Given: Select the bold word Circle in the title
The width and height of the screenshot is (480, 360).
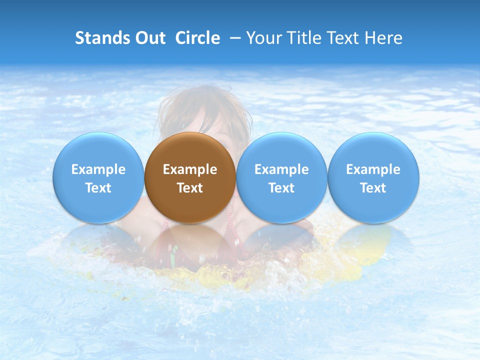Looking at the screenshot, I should click(x=197, y=38).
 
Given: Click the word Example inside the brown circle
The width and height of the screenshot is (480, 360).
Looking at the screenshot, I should click(x=190, y=169).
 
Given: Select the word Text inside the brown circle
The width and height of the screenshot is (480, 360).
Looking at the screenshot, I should click(x=190, y=188).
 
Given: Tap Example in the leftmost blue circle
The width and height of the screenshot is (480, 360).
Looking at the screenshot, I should click(x=98, y=169).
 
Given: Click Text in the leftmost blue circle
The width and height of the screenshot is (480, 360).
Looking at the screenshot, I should click(x=98, y=188).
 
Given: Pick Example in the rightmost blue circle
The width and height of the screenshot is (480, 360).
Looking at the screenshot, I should click(x=373, y=169).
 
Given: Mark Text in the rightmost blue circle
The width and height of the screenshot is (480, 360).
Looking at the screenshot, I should click(x=373, y=188).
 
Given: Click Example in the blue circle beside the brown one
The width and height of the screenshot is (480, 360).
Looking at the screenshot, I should click(x=281, y=169).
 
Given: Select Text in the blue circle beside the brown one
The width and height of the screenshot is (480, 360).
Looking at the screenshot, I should click(x=281, y=188).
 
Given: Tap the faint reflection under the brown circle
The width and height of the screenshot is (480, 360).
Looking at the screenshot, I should click(x=190, y=240).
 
